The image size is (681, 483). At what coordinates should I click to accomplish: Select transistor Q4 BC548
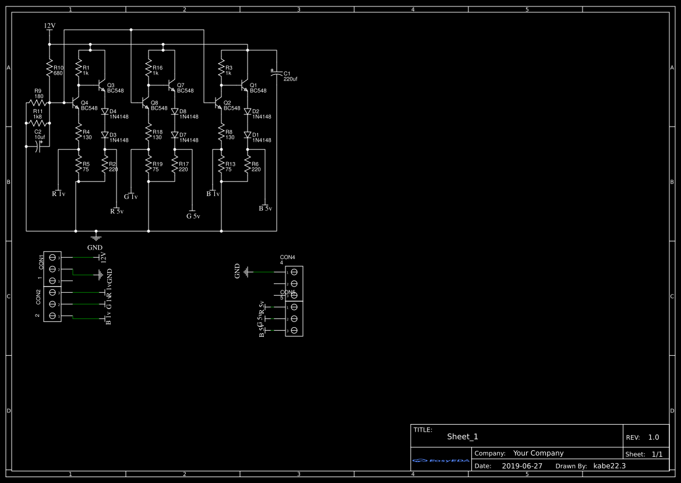click(x=75, y=104)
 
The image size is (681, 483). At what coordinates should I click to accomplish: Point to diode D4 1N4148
click(x=105, y=111)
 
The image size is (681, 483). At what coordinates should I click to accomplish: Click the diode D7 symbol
click(x=175, y=135)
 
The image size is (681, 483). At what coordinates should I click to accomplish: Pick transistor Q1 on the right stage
click(x=245, y=86)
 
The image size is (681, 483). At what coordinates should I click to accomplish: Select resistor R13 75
click(x=221, y=166)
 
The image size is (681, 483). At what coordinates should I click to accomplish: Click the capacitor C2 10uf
click(x=38, y=146)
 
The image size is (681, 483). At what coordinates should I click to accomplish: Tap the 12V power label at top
click(x=50, y=26)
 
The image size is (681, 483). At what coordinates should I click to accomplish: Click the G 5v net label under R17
click(x=193, y=216)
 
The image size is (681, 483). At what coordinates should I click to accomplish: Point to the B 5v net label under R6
click(x=265, y=208)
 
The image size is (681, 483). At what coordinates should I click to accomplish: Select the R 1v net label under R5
click(x=58, y=194)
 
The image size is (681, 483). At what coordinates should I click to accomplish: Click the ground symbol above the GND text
click(x=96, y=236)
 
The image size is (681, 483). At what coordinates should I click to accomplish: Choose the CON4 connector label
click(x=288, y=257)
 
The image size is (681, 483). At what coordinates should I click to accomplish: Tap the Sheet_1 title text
click(x=463, y=436)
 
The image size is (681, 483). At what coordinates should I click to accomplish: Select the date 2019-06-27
click(x=521, y=466)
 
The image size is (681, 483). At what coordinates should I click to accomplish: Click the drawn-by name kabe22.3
click(x=609, y=466)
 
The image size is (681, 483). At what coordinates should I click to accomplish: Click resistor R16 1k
click(x=149, y=70)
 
